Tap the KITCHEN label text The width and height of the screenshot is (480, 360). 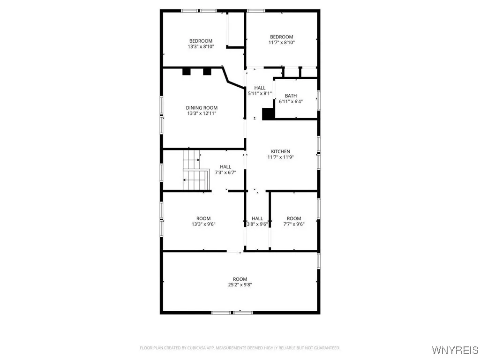280,151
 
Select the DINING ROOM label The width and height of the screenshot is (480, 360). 202,108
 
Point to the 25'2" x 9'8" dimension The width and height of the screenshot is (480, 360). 240,285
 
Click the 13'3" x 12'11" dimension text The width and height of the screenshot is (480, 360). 202,113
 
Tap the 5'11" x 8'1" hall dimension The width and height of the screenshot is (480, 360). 260,93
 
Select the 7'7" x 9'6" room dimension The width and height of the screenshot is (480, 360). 294,224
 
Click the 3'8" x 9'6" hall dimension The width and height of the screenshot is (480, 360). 257,224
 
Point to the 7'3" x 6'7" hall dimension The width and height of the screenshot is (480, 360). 225,172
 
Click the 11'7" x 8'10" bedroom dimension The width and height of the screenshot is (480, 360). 281,43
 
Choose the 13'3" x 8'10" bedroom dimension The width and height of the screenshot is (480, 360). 201,46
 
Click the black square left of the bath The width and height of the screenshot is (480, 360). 268,114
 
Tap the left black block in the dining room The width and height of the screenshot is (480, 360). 187,72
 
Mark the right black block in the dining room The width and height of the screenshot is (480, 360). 207,72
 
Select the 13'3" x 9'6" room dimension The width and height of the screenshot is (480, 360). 203,224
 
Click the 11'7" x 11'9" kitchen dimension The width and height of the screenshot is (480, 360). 280,157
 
